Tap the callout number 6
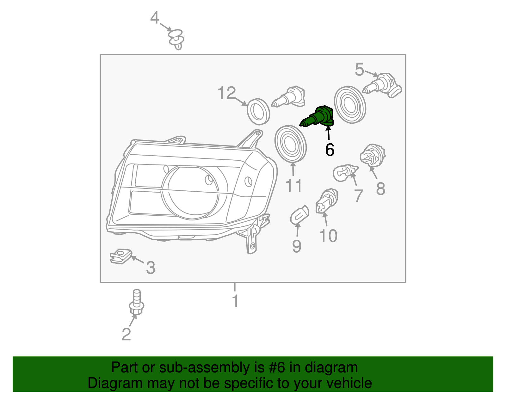click(x=330, y=150)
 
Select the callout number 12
click(x=227, y=93)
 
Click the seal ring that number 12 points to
click(x=258, y=112)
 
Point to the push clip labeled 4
click(x=176, y=39)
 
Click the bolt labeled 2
click(x=137, y=302)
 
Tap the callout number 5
click(x=359, y=69)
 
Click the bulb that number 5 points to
click(x=382, y=85)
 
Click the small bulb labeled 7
click(x=345, y=172)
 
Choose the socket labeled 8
click(x=373, y=155)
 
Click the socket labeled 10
click(x=326, y=201)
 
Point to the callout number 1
click(x=235, y=301)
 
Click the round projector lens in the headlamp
click(x=190, y=193)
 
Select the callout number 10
click(x=328, y=236)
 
